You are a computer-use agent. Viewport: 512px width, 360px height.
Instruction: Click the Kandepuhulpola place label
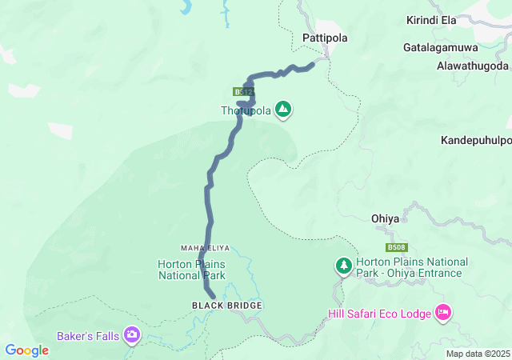pos(476,140)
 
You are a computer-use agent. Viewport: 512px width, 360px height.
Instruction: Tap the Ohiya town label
pos(385,218)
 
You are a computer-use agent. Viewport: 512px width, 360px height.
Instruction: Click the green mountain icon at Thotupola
pos(283,109)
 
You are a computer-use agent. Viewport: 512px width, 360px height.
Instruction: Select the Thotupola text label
pos(246,110)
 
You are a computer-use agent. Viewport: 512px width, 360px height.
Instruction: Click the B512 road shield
pos(244,92)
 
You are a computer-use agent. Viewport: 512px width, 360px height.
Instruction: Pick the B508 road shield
pos(396,248)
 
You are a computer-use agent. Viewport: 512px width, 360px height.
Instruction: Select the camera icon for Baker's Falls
pos(132,335)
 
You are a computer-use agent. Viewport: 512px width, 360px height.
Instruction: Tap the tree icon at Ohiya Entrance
pos(343,265)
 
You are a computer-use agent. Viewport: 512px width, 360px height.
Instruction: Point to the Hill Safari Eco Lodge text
pos(380,313)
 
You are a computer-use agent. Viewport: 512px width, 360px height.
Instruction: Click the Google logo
pos(26,350)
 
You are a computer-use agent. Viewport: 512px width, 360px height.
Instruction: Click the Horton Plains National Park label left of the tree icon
pos(192,270)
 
